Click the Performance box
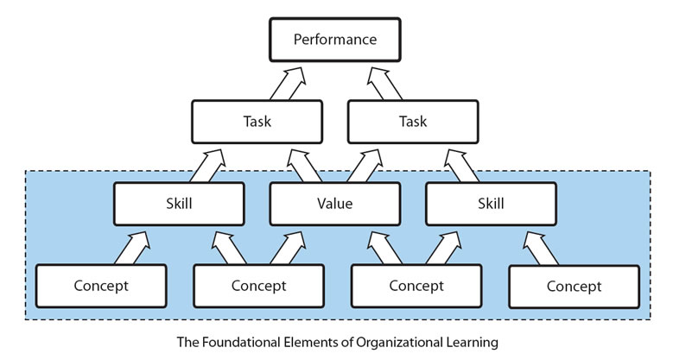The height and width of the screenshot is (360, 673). (334, 40)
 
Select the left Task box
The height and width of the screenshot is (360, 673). (257, 121)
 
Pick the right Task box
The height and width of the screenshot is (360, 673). (413, 121)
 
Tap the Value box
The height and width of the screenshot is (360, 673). (334, 204)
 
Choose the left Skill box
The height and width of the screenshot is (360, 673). (178, 204)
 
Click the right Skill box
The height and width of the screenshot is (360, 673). (490, 204)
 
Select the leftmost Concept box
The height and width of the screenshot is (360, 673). (100, 286)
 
